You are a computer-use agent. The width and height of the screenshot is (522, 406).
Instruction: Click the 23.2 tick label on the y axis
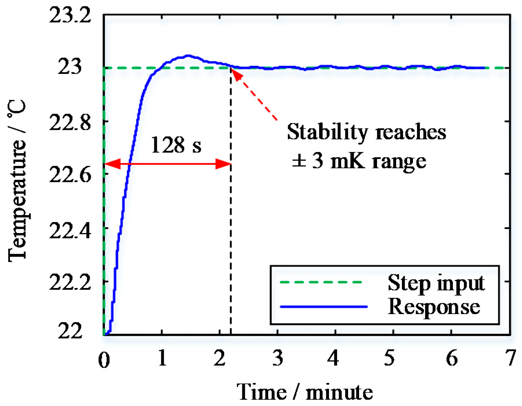pyautogui.click(x=70, y=15)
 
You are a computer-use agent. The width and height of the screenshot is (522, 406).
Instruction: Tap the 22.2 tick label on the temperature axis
pyautogui.click(x=70, y=282)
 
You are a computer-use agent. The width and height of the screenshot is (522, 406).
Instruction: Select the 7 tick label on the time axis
pyautogui.click(x=510, y=358)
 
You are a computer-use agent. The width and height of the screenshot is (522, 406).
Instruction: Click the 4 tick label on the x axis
pyautogui.click(x=333, y=358)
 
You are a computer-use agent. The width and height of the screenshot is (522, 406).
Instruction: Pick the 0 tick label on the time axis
pyautogui.click(x=104, y=360)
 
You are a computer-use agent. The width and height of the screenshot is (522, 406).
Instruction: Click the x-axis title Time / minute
pyautogui.click(x=304, y=392)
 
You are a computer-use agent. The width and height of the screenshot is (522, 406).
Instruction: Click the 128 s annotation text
pyautogui.click(x=176, y=145)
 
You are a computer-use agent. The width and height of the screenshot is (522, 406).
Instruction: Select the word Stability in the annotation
pyautogui.click(x=327, y=132)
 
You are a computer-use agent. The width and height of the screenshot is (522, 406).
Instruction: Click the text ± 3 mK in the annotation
pyautogui.click(x=327, y=161)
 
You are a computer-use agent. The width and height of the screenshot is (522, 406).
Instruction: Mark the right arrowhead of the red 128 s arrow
pyautogui.click(x=224, y=164)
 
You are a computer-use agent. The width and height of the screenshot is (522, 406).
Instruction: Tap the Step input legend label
pyautogui.click(x=436, y=283)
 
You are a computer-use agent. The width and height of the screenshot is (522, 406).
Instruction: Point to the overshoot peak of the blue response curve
pyautogui.click(x=188, y=56)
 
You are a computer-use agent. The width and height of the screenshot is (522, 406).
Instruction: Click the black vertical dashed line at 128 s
pyautogui.click(x=231, y=231)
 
